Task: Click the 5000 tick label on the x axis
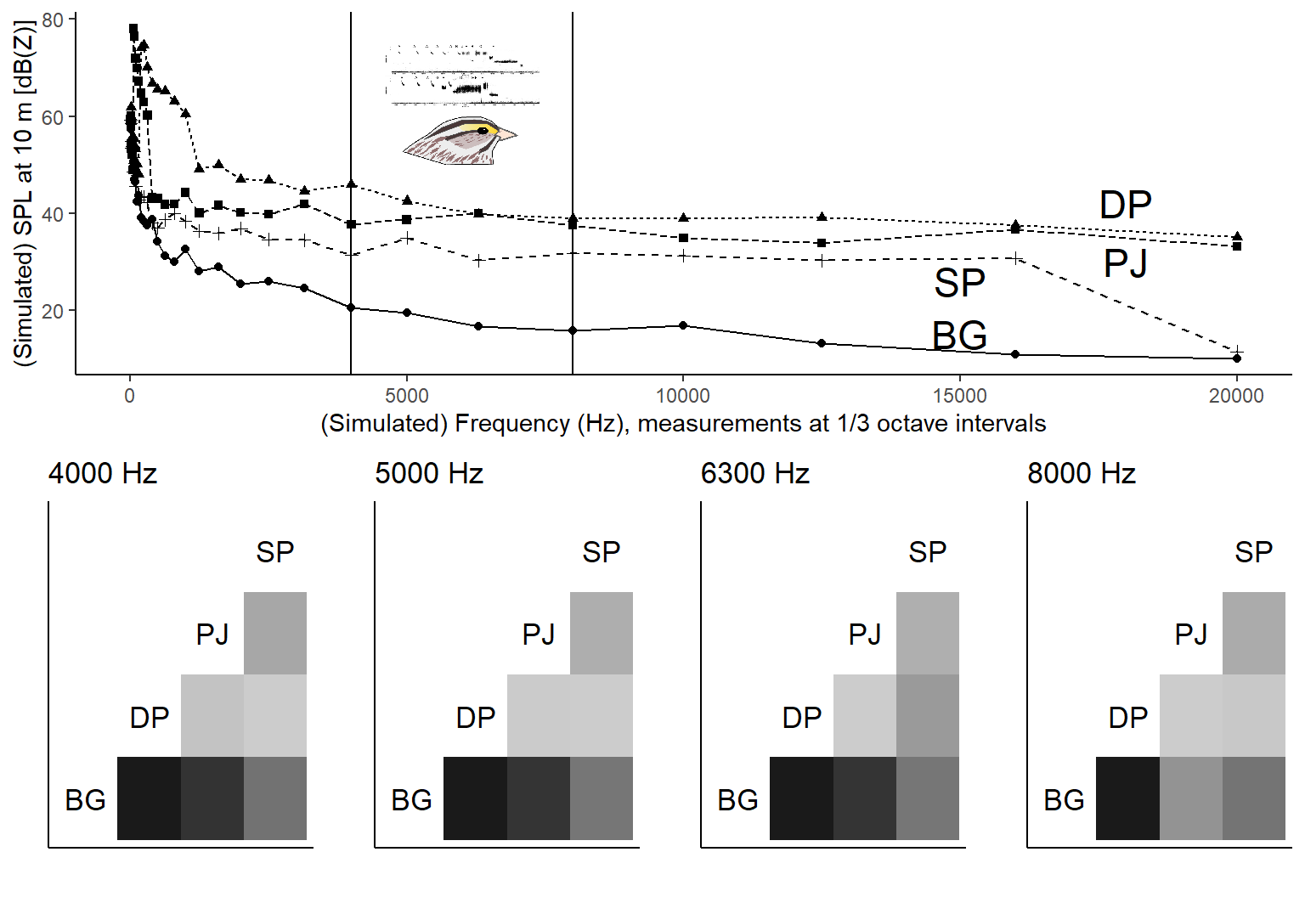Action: coord(406,396)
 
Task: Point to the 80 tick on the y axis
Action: coord(53,20)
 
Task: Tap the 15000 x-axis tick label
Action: coord(959,396)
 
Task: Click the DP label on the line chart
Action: coord(1125,206)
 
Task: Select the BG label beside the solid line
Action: coord(959,336)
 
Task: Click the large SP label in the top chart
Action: coord(959,284)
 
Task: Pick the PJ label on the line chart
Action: coord(1125,263)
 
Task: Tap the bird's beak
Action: coord(506,134)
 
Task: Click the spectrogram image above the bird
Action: coord(462,75)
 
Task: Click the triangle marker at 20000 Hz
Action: coord(1237,236)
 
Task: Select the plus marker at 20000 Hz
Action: coord(1237,350)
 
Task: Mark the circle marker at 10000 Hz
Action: coord(683,325)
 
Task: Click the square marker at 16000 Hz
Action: coord(1015,229)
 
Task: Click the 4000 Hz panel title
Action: coord(103,473)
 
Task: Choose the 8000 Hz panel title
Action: coord(1081,473)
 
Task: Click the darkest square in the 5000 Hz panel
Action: coord(475,798)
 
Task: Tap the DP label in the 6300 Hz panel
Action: coord(801,718)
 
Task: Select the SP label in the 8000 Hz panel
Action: coord(1253,552)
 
